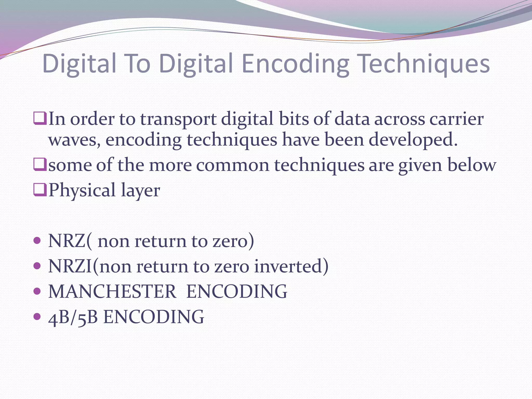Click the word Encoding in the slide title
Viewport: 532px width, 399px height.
point(296,64)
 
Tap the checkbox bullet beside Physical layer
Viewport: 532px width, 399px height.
point(40,190)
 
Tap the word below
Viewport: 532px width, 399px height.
point(472,165)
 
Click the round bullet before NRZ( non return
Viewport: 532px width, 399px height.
point(37,240)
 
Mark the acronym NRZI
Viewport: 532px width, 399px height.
point(70,267)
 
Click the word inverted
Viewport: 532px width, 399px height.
point(291,267)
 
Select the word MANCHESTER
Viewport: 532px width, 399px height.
point(112,291)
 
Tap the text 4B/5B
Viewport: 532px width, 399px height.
point(73,317)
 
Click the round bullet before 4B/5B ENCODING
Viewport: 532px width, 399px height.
point(37,316)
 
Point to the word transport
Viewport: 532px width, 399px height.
point(178,119)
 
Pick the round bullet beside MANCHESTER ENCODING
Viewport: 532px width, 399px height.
point(37,291)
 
